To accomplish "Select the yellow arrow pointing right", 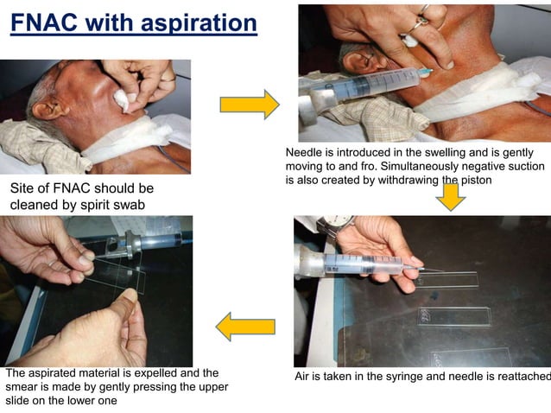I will coord(249,105).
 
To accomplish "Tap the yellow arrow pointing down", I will coord(450,196).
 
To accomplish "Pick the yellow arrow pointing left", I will coord(245,327).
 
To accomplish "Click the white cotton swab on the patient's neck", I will coord(120,100).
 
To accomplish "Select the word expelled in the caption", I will coord(150,373).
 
